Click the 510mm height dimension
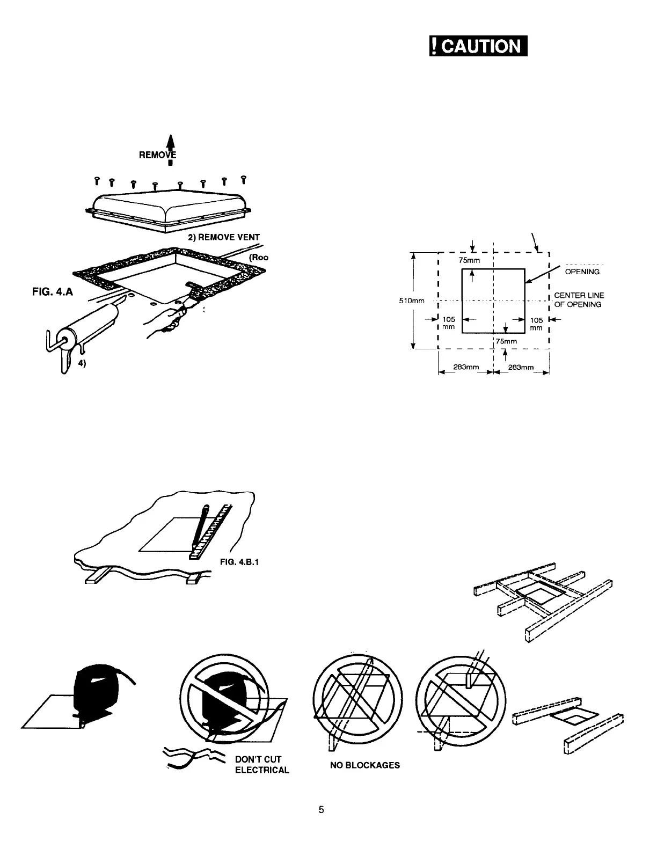pos(412,301)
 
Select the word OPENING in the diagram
pos(582,272)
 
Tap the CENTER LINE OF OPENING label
pos(579,300)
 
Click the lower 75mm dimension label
pos(506,341)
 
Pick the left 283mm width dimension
pos(465,367)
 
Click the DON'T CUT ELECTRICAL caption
pos(262,765)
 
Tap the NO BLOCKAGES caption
pos(365,765)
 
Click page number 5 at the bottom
pos(321,810)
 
